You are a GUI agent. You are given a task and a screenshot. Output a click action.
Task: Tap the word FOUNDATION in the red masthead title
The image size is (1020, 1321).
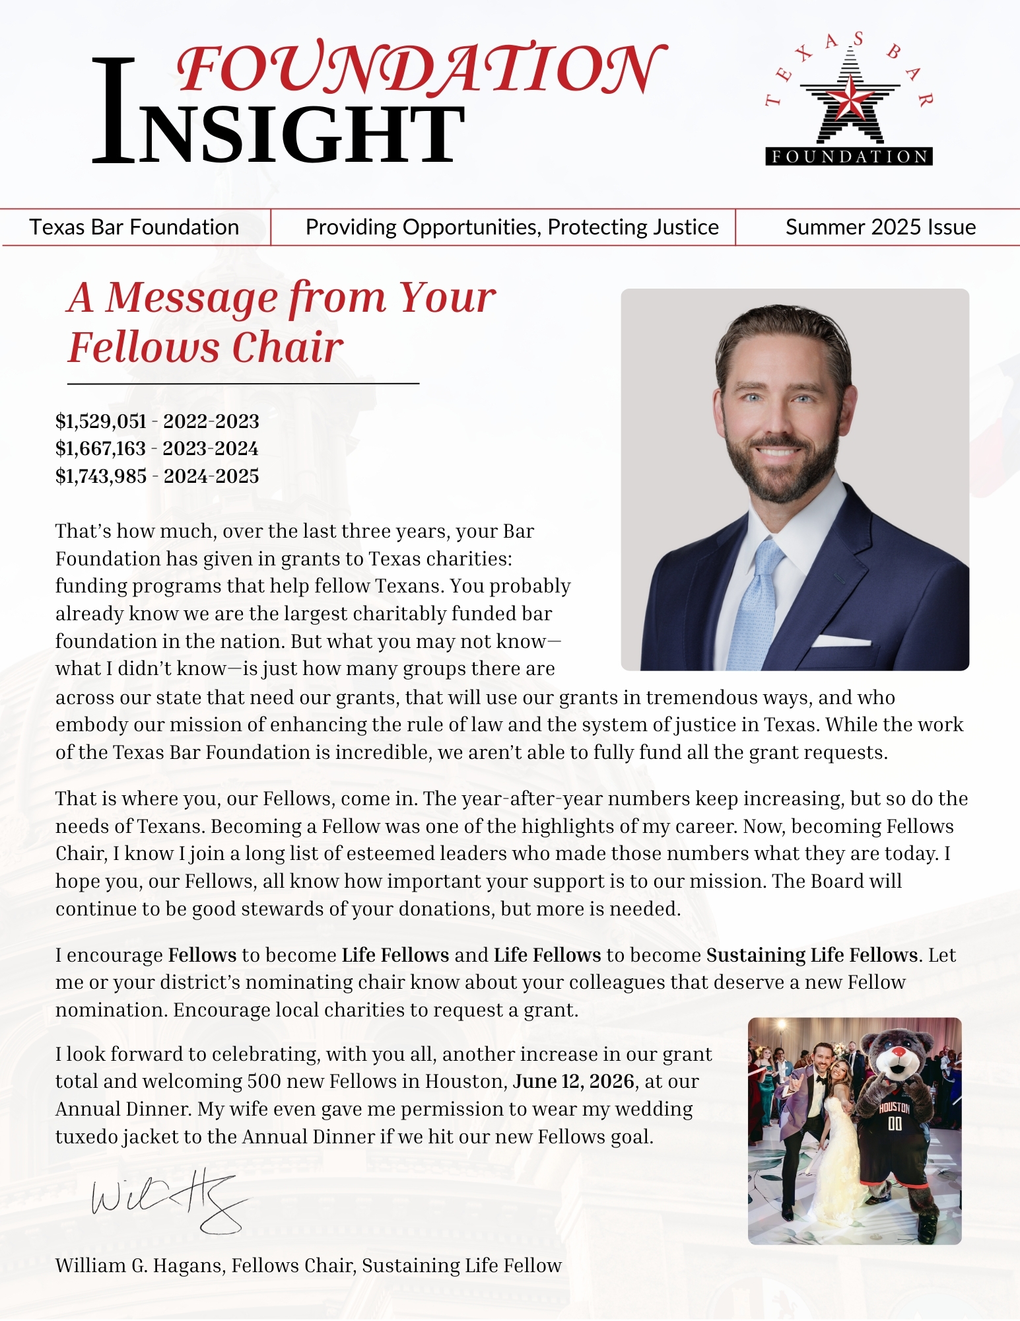click(421, 69)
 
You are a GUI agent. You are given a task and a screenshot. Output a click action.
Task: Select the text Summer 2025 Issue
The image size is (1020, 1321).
click(880, 227)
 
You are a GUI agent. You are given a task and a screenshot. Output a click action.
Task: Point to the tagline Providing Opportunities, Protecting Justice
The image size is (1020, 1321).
click(512, 227)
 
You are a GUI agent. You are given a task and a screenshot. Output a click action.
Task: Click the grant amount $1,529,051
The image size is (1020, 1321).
click(101, 421)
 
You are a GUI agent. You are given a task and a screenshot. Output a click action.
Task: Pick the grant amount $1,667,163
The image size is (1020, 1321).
click(100, 448)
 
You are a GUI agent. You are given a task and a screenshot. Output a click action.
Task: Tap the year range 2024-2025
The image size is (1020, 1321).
click(211, 476)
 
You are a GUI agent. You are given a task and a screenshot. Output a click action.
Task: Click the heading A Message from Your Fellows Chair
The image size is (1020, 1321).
click(281, 322)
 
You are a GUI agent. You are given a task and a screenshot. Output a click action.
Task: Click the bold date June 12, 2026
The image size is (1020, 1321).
click(573, 1081)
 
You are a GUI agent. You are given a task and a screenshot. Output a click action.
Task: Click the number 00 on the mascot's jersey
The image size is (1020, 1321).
click(895, 1124)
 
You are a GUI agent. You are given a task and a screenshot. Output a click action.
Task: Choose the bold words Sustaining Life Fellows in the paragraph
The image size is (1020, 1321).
click(811, 955)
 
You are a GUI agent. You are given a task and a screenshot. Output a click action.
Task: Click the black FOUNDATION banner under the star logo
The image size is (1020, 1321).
click(849, 157)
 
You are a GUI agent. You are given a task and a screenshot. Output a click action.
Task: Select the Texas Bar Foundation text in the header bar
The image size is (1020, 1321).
click(134, 227)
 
